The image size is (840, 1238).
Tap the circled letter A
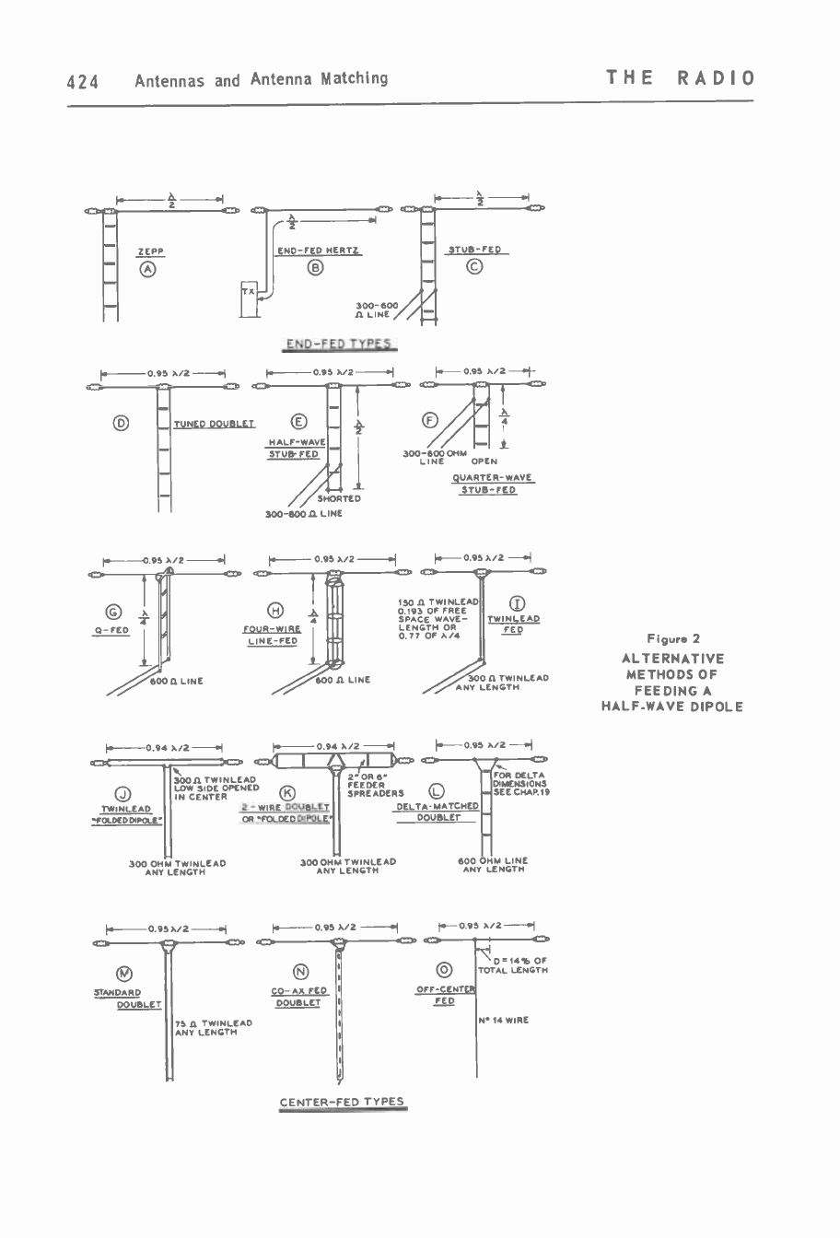[x=147, y=269]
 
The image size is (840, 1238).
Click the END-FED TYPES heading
[x=340, y=345]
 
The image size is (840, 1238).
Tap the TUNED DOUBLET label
[x=214, y=424]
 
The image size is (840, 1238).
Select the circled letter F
[x=429, y=421]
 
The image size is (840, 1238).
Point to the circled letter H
[x=274, y=611]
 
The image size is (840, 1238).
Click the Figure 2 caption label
[x=673, y=639]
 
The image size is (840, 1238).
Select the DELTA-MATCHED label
[x=437, y=806]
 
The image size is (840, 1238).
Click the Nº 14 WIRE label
[x=504, y=1020]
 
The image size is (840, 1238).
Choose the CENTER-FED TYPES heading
[x=342, y=1102]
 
